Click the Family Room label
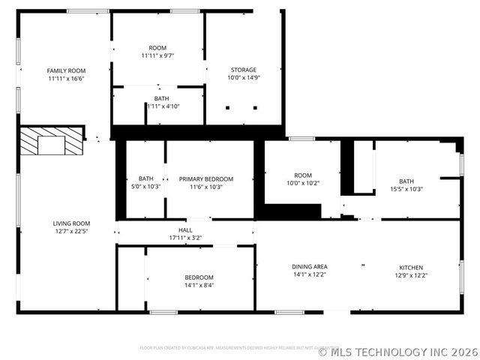point(66,70)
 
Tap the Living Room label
point(71,223)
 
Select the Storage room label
point(242,70)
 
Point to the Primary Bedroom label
point(206,179)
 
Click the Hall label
point(185,230)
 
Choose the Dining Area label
point(310,266)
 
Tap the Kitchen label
point(411,267)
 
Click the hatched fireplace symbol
point(52,141)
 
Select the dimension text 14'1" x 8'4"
point(199,285)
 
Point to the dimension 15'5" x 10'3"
point(406,189)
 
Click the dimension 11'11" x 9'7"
point(157,55)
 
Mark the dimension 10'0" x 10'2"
point(303,183)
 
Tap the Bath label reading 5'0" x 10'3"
point(145,187)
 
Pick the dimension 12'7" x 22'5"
point(71,231)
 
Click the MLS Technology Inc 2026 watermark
point(397,351)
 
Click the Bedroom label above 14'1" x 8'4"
point(199,277)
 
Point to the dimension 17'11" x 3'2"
point(185,238)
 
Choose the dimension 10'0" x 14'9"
point(242,78)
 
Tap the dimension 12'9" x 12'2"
point(411,275)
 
